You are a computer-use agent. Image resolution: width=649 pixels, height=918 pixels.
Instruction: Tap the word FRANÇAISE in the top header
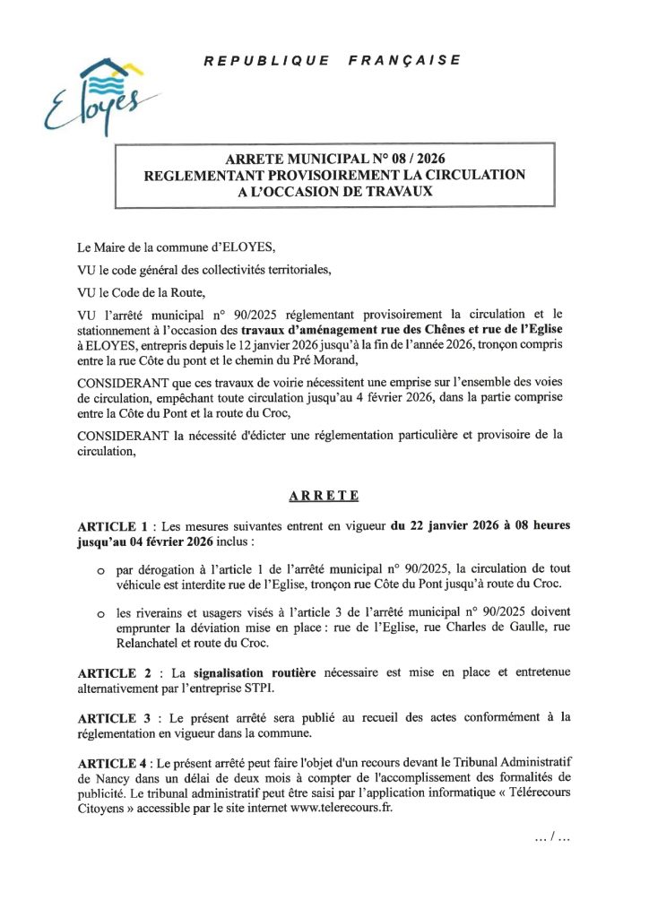pos(410,60)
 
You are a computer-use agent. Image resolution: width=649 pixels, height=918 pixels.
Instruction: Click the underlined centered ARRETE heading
pos(324,494)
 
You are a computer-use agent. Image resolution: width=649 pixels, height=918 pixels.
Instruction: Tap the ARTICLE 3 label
pos(112,718)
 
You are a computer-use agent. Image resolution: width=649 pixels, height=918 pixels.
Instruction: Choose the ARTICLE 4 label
pos(112,763)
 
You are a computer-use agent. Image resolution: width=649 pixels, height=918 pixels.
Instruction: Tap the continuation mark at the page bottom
pos(551,838)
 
